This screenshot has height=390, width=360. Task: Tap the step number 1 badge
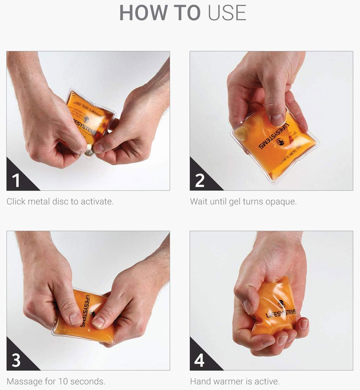(x=16, y=181)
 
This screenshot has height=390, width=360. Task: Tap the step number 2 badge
(x=200, y=181)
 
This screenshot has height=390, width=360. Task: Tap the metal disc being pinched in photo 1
(x=89, y=149)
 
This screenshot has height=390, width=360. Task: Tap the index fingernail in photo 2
(x=277, y=119)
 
